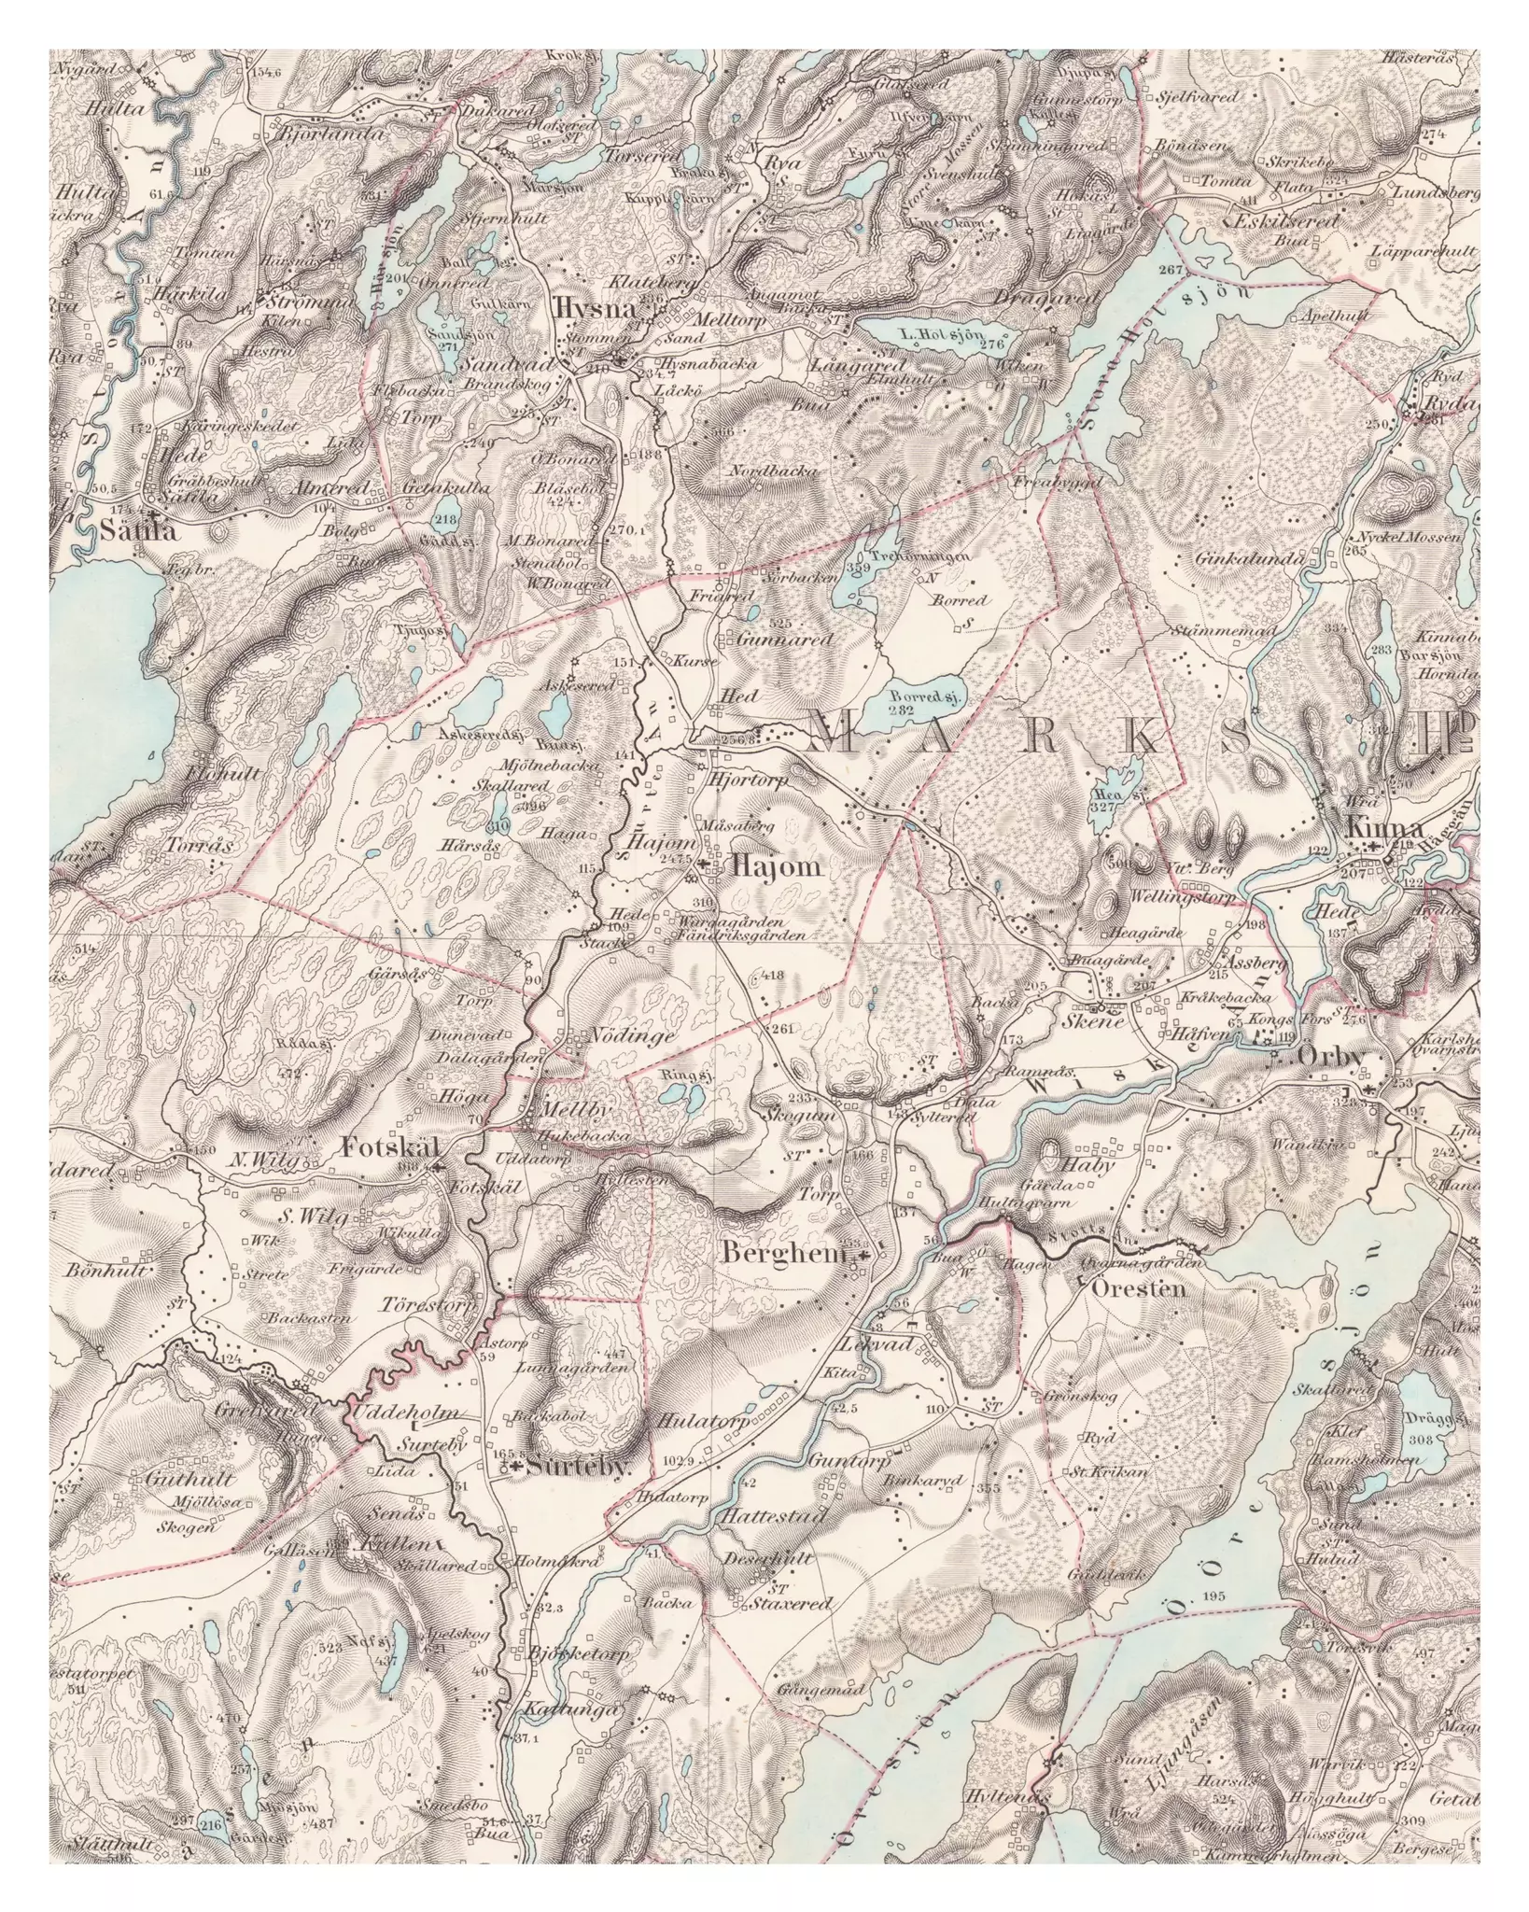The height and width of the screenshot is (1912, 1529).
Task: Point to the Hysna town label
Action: (583, 310)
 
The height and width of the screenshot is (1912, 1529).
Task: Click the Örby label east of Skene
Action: (1330, 1058)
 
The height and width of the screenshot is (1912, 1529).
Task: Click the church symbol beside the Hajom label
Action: (717, 867)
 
